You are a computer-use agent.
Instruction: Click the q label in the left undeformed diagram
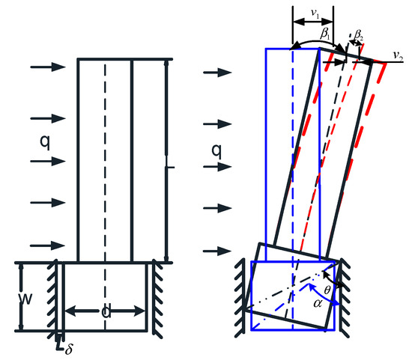[x=44, y=140]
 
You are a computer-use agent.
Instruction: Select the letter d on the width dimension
[x=106, y=311]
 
